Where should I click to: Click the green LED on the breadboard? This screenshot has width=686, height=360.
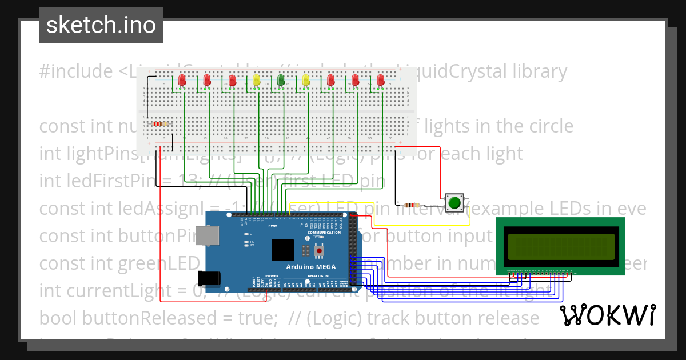[281, 80]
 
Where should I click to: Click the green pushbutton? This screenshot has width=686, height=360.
[454, 202]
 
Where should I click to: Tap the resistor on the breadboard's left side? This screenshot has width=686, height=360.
[160, 123]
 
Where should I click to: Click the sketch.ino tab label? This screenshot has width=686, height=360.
[101, 25]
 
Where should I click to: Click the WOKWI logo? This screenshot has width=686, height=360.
[607, 315]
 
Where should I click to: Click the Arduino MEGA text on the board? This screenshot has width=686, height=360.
[311, 267]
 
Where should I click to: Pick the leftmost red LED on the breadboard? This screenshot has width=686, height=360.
[182, 81]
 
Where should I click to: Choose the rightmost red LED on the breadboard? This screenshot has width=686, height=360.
[381, 81]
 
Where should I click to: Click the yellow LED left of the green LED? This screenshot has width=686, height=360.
[256, 80]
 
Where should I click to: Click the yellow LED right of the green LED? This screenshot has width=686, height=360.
[306, 80]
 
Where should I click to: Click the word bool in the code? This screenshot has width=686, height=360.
[58, 318]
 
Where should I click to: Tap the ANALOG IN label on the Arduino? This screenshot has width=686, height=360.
[318, 276]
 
